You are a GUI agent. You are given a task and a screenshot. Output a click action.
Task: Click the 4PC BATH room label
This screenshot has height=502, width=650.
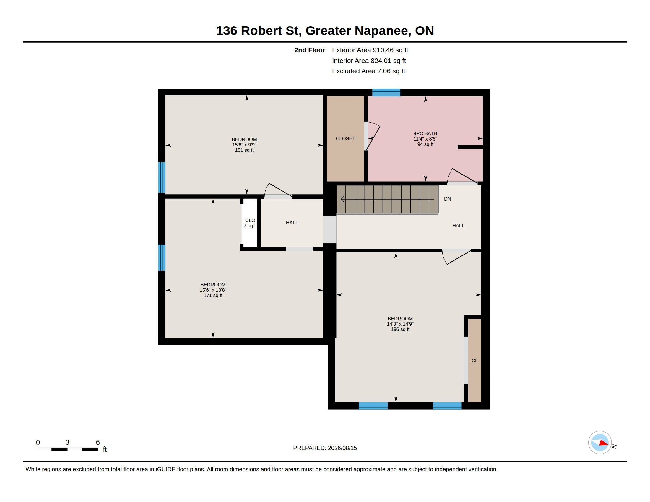(425, 133)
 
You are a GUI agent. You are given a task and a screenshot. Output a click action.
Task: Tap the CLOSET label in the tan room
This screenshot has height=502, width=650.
(345, 138)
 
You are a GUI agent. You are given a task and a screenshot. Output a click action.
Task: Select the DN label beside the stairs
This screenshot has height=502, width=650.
(447, 199)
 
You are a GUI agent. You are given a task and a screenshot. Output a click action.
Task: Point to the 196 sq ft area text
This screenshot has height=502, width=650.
(400, 330)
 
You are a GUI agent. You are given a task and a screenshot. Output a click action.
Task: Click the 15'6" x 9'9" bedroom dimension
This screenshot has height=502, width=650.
(244, 145)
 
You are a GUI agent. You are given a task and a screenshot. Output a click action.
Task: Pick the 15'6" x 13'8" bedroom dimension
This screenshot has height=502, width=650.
(213, 290)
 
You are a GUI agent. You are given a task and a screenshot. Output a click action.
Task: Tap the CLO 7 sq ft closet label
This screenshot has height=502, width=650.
(250, 223)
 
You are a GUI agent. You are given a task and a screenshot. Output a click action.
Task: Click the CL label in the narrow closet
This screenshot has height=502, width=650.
(474, 361)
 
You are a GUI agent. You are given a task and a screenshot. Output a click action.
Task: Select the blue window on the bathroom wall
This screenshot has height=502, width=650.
(386, 92)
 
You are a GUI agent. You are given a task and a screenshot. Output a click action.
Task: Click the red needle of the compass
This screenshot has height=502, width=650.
(604, 443)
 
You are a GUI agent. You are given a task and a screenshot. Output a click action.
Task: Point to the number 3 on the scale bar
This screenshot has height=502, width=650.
(67, 442)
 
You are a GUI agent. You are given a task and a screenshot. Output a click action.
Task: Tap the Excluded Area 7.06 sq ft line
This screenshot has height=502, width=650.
(368, 71)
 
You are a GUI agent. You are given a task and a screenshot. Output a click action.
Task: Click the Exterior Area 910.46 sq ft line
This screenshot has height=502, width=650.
(370, 50)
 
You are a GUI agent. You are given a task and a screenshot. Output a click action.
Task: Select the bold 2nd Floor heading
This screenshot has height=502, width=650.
(310, 50)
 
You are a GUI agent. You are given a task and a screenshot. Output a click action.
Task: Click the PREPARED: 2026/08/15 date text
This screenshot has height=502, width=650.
(325, 448)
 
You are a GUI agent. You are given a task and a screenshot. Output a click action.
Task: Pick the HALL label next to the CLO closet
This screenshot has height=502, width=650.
(292, 223)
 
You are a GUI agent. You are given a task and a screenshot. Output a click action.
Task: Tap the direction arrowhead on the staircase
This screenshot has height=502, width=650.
(343, 199)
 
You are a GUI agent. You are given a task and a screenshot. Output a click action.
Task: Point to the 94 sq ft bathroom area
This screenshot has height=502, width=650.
(425, 144)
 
